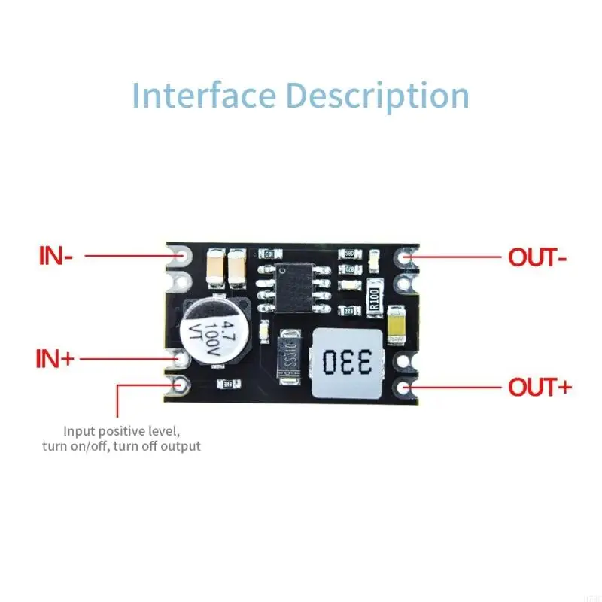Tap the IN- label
[x=56, y=256]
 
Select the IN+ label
[x=56, y=358]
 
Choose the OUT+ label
[x=540, y=388]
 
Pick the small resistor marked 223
[x=349, y=310]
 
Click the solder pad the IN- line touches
[x=181, y=256]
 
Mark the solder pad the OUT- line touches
[x=407, y=257]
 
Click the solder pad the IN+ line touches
[x=181, y=358]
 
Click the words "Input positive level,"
[x=121, y=431]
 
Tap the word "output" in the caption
[x=179, y=446]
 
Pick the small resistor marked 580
[x=348, y=254]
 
